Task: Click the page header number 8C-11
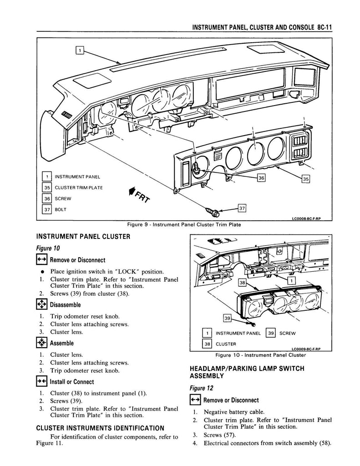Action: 324,27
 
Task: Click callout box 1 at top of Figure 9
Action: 79,51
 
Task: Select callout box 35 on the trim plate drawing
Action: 306,179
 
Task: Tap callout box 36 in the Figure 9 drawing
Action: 261,178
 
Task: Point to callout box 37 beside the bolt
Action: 243,208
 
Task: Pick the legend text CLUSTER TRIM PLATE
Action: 79,187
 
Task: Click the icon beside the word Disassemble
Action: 42,304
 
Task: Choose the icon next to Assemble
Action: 42,343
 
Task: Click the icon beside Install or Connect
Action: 42,382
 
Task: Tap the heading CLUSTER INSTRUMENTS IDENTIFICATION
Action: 100,428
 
